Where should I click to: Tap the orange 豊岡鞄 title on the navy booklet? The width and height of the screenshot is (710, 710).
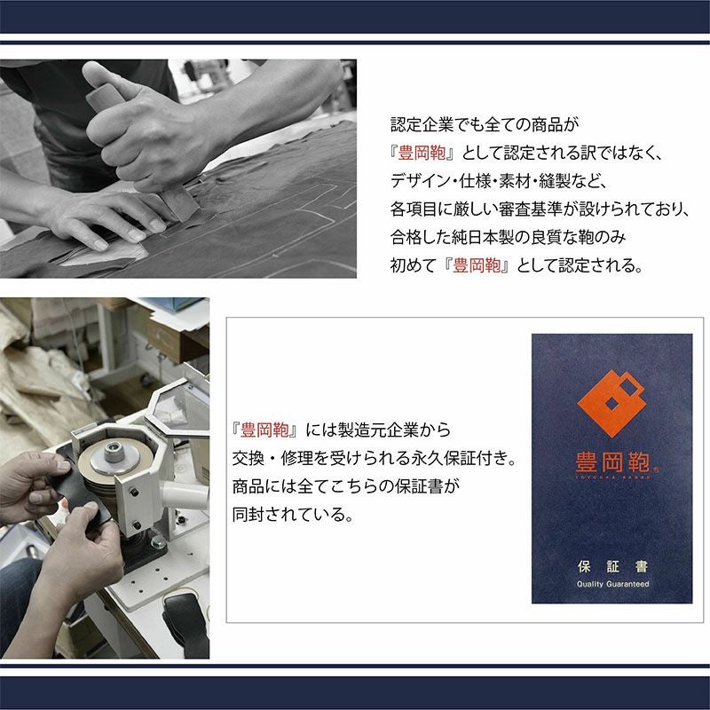click(x=612, y=462)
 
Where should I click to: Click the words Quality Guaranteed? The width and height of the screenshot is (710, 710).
click(x=612, y=584)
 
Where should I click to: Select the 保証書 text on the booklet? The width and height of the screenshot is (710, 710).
click(x=612, y=566)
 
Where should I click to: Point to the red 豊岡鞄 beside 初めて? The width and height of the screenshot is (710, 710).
click(x=477, y=265)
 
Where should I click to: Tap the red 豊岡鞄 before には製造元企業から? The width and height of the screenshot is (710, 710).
click(x=264, y=430)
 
